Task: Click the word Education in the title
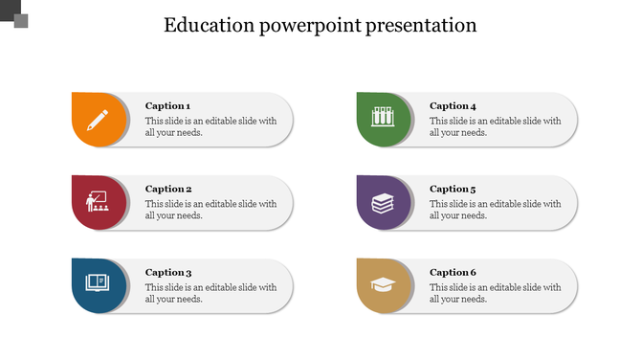pyautogui.click(x=207, y=26)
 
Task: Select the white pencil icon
pyautogui.click(x=98, y=120)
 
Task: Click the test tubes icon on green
pyautogui.click(x=383, y=120)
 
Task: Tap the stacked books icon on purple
pyautogui.click(x=383, y=203)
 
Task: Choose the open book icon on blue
pyautogui.click(x=98, y=282)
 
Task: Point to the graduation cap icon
pyautogui.click(x=383, y=284)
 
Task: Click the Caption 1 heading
pyautogui.click(x=168, y=106)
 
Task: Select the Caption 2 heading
pyautogui.click(x=168, y=190)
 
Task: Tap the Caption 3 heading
pyautogui.click(x=168, y=273)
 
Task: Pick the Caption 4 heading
pyautogui.click(x=453, y=106)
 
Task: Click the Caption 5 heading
pyautogui.click(x=453, y=190)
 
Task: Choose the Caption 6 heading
pyautogui.click(x=453, y=273)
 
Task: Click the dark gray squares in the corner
pyautogui.click(x=14, y=15)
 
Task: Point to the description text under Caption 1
pyautogui.click(x=210, y=127)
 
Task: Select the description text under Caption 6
pyautogui.click(x=495, y=293)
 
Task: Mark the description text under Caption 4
pyautogui.click(x=495, y=127)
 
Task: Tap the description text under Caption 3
pyautogui.click(x=210, y=293)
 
